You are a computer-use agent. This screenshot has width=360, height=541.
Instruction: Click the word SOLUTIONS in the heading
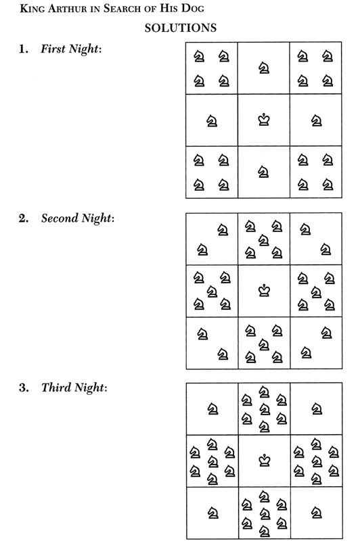[181, 28]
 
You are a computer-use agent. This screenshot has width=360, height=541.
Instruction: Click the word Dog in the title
[193, 8]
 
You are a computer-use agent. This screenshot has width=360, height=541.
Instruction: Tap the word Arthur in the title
[67, 8]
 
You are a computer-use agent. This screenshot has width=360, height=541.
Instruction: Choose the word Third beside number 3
[56, 387]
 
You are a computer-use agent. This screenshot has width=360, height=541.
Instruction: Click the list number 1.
[24, 49]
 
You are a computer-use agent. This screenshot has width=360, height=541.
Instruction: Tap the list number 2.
[24, 218]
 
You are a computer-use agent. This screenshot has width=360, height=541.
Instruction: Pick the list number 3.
[24, 387]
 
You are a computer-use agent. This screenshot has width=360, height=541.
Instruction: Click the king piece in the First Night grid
[264, 120]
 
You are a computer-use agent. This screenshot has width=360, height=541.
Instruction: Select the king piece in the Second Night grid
[264, 291]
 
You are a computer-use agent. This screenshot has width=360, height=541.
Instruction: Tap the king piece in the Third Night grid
[265, 461]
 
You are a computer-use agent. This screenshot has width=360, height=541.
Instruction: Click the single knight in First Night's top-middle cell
[264, 68]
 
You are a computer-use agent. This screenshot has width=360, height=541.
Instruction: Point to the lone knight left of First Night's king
[212, 121]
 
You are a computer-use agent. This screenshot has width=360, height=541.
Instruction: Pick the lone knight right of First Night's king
[317, 121]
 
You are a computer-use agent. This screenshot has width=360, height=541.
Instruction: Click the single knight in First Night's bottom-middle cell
[264, 172]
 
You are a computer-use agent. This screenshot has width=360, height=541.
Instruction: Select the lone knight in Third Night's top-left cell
[212, 409]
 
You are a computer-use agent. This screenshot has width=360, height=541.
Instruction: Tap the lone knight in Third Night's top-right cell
[317, 409]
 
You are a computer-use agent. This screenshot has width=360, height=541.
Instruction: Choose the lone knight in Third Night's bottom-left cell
[212, 513]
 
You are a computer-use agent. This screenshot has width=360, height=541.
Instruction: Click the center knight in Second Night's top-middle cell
[264, 240]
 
